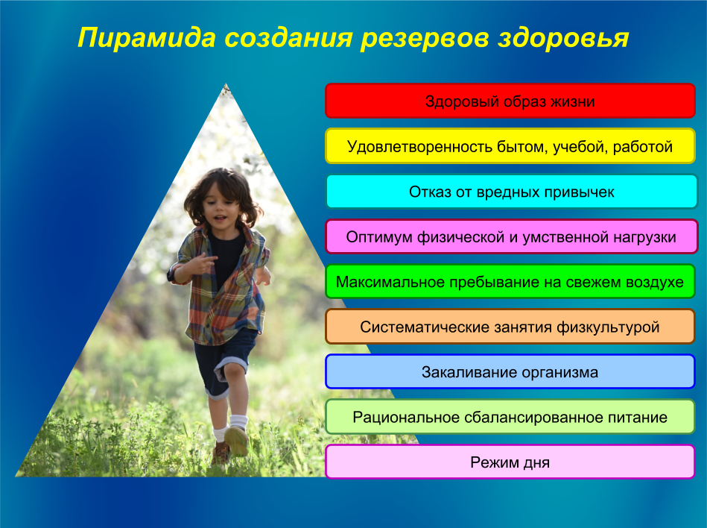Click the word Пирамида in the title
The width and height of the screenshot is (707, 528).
(147, 38)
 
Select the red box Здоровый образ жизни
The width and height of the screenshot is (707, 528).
(510, 101)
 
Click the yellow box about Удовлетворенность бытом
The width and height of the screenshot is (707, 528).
(510, 146)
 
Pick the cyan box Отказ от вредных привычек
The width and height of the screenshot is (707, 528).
(511, 192)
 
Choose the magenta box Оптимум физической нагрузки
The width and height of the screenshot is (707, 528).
(511, 236)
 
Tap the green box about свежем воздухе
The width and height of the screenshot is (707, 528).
(510, 282)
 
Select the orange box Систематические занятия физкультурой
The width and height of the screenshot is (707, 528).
(510, 327)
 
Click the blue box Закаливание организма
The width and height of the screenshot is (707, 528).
(510, 372)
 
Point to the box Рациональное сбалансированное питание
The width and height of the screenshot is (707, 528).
(510, 417)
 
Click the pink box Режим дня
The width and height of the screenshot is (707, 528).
(510, 462)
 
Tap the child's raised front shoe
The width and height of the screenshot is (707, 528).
(236, 441)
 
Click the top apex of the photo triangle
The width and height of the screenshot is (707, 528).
(226, 84)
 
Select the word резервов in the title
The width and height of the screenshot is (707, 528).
(425, 38)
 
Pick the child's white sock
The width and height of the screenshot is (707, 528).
(238, 421)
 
